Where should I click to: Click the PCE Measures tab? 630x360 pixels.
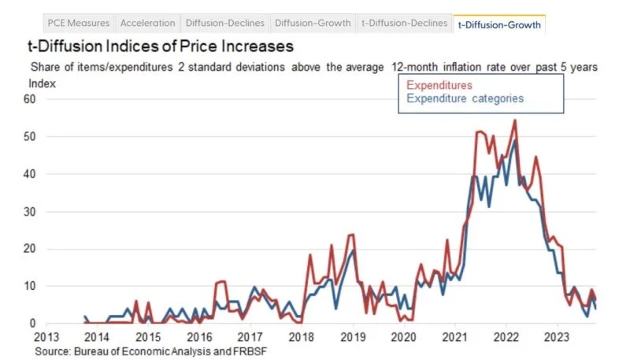tap(78, 24)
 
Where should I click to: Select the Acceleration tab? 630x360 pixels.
tap(147, 24)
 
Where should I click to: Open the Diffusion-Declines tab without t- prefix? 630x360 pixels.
tap(224, 24)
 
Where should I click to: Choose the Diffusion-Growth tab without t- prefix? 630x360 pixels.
tap(313, 24)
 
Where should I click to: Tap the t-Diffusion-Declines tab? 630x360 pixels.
tap(405, 24)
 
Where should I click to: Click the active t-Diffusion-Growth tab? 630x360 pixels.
tap(499, 24)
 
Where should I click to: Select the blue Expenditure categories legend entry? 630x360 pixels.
tap(465, 98)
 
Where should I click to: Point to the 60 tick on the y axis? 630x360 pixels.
tap(31, 99)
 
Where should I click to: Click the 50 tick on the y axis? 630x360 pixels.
tap(31, 136)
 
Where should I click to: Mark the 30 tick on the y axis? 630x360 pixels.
tap(31, 211)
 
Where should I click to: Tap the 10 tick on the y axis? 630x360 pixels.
tap(31, 285)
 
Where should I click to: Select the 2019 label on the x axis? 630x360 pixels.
tap(353, 337)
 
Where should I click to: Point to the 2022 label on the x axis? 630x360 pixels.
tap(506, 337)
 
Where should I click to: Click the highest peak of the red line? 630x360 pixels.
tap(514, 121)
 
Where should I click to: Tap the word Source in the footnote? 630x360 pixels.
tap(52, 351)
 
